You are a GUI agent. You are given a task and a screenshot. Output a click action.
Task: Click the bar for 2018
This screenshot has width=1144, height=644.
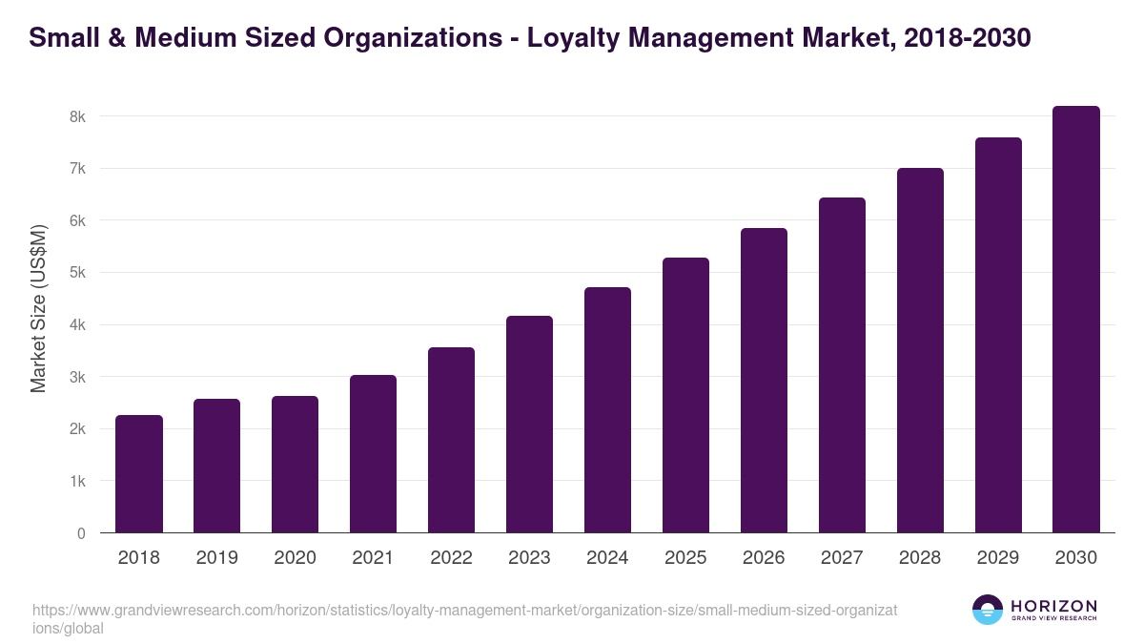point(139,474)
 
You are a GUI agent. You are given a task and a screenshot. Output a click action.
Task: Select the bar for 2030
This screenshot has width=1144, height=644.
point(1076,320)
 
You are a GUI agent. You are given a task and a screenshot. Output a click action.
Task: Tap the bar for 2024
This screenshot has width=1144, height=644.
point(607,410)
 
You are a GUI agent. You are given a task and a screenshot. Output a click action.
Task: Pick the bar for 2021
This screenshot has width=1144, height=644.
point(373,454)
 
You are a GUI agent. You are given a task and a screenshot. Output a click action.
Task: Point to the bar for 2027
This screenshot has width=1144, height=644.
point(842,365)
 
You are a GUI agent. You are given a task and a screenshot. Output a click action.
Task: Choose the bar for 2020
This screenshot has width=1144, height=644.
point(295,465)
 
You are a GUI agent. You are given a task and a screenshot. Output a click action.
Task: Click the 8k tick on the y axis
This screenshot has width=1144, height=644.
point(76,116)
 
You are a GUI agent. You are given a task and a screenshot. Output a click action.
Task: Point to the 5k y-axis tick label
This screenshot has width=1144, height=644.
point(76,273)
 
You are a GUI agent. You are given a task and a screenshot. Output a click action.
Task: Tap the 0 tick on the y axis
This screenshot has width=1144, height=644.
point(80,533)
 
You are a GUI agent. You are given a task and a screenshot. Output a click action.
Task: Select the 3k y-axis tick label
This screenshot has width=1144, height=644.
point(76,377)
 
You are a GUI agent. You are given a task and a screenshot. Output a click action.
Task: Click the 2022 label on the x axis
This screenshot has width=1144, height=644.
point(451,558)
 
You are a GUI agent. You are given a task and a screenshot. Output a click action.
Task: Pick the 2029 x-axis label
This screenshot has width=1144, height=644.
point(998,558)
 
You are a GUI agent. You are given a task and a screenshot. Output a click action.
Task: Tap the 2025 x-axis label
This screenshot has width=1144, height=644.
point(685,558)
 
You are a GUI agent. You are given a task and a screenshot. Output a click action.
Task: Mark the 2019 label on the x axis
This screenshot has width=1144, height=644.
point(216,558)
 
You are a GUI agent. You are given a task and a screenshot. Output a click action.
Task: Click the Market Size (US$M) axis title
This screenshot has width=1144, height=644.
point(38,308)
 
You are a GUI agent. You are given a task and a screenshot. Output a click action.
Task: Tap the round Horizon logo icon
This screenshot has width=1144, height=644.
point(988,611)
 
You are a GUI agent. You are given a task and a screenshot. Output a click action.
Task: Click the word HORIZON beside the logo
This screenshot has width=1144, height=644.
point(1053,606)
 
